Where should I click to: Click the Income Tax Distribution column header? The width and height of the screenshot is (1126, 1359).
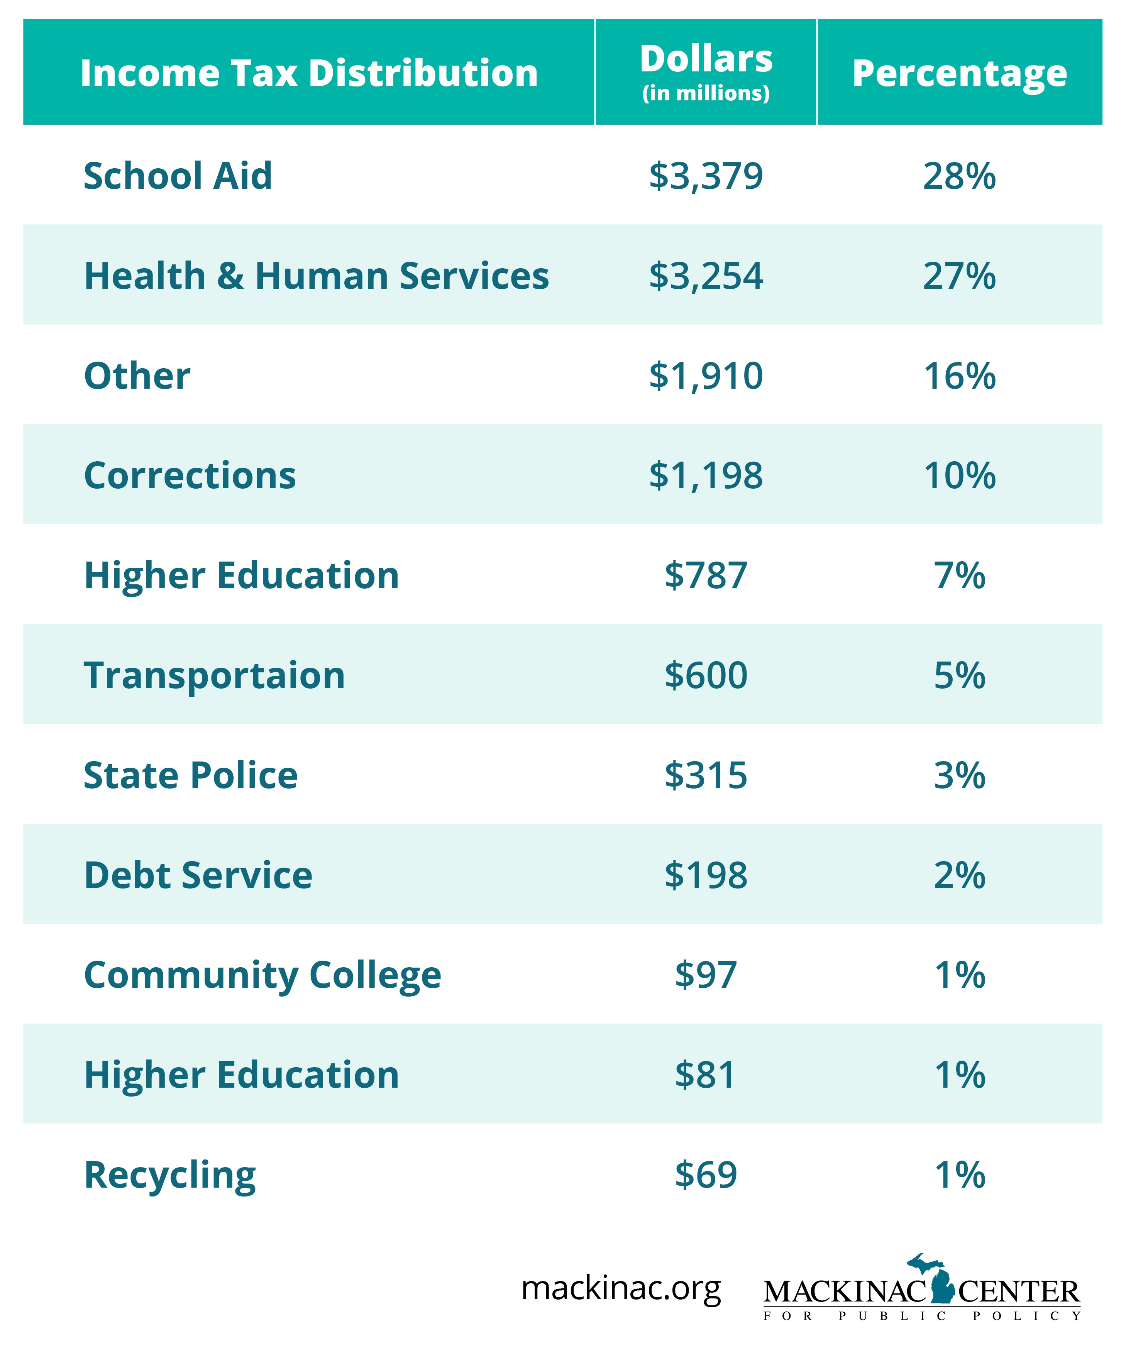tap(309, 73)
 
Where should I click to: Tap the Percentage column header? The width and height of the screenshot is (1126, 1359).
tap(959, 73)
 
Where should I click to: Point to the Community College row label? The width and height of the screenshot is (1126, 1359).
tap(262, 975)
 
